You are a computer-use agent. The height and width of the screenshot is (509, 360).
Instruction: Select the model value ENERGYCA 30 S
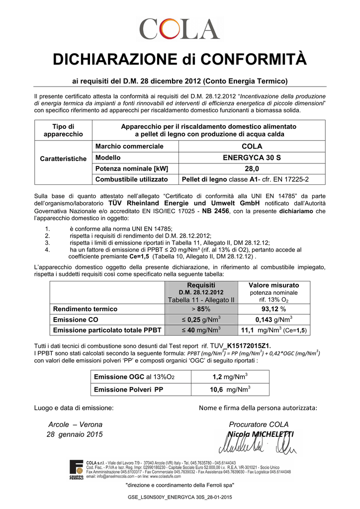pos(252,158)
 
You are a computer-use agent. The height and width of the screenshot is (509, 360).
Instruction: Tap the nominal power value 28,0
pos(252,169)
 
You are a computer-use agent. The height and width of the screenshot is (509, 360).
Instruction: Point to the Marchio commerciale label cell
pos(129,147)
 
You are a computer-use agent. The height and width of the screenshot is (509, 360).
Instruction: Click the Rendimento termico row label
pos(86,309)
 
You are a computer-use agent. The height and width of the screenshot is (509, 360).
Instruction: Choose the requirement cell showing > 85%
pos(200,309)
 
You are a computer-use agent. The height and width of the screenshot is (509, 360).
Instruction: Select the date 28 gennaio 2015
pos(75,434)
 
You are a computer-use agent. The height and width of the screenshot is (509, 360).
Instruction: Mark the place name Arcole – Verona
pos(75,424)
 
